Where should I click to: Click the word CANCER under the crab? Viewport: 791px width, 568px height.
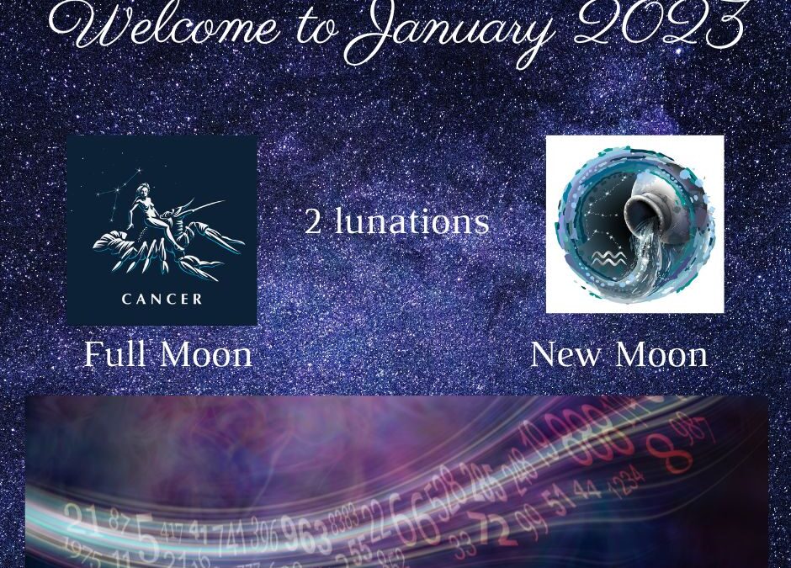[x=162, y=299]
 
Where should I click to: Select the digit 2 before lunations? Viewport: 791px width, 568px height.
[x=313, y=221]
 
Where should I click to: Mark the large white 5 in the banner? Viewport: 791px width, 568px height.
[x=146, y=539]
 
